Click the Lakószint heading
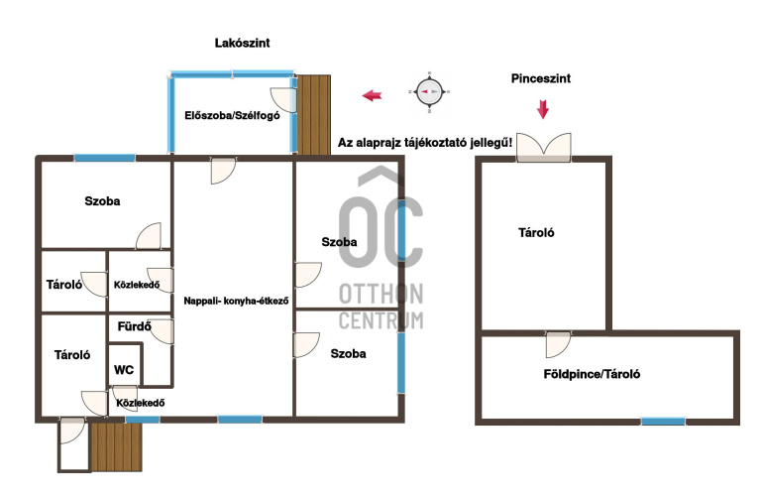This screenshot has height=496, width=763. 242,43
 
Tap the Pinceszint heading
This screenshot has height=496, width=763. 541,78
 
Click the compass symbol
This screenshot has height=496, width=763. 429,91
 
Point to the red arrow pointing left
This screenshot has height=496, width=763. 372,95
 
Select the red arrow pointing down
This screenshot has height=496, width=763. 543,109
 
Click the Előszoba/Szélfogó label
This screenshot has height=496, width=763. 232,115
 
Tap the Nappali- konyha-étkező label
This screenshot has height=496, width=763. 236,302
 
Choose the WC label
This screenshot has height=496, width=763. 124,370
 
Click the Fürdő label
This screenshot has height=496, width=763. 135,326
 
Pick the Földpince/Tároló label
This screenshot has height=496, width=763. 592,374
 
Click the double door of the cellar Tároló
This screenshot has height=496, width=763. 544,147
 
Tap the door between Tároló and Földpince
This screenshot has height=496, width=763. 558,344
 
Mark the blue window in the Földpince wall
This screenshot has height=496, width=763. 663,421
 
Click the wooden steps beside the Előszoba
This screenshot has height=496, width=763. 314,115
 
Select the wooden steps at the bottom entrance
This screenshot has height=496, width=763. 116,446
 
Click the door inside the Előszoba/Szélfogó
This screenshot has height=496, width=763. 283,100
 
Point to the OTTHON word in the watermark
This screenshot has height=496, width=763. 381,295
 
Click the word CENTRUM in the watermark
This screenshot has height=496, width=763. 381,320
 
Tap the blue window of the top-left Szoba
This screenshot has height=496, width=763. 105,158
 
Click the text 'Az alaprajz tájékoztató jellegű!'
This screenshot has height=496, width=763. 425,143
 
